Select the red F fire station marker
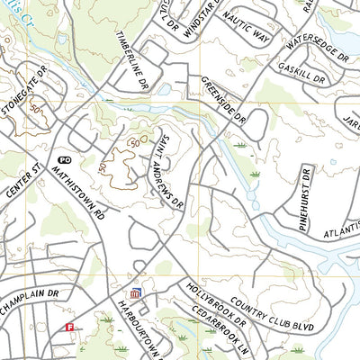[x=69, y=328]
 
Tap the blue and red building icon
[x=136, y=293]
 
